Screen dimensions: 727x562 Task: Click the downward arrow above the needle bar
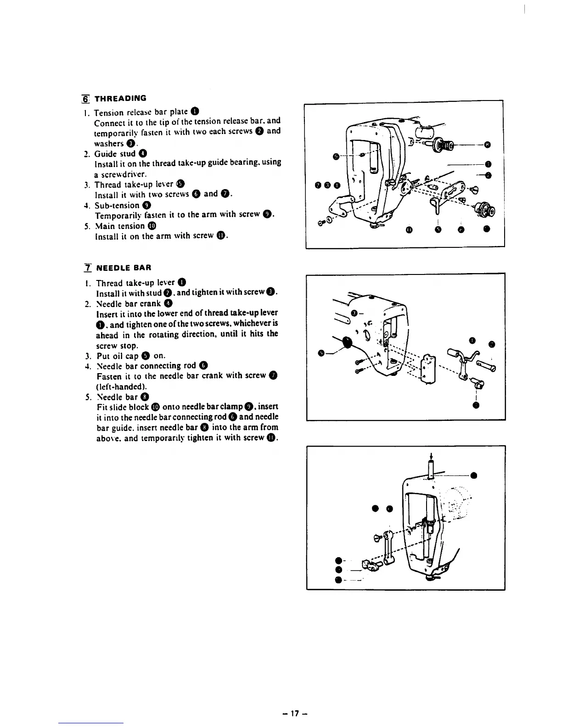point(430,456)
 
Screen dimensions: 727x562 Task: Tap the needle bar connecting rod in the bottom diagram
point(388,546)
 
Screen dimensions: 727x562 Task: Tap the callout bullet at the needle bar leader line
point(473,475)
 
